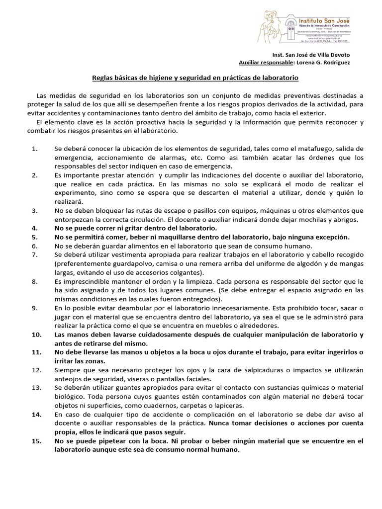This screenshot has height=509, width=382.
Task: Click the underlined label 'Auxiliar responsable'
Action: point(266,63)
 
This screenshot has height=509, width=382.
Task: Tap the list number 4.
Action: point(34,228)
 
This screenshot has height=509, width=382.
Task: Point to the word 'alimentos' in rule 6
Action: point(125,246)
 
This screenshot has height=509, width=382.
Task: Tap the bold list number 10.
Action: point(36,335)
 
